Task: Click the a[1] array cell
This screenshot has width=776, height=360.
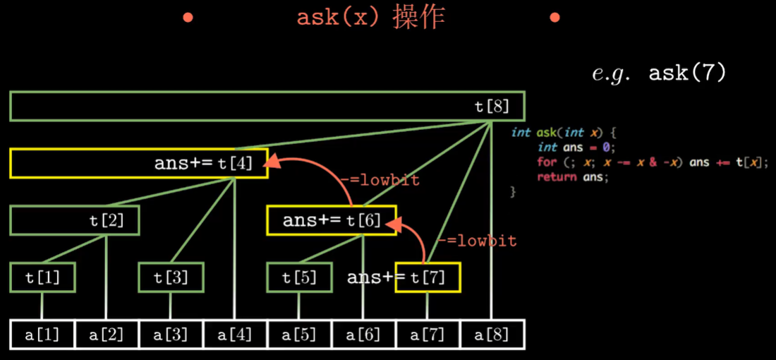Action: tap(43, 335)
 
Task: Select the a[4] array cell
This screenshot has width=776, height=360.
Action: tap(235, 335)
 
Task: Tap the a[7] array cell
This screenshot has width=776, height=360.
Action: tap(428, 335)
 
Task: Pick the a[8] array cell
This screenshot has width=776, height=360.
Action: tap(492, 335)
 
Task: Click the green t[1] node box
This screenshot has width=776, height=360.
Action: tap(42, 277)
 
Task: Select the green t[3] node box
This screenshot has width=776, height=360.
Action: tap(171, 277)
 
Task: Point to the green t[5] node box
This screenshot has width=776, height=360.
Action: tap(299, 277)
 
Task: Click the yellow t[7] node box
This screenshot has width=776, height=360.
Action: tap(428, 277)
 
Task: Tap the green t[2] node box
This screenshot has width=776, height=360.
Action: tap(75, 220)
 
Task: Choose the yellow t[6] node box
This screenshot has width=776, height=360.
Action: tap(332, 220)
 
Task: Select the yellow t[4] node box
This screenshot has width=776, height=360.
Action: tap(139, 163)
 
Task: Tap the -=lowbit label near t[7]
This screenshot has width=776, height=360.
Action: tap(477, 241)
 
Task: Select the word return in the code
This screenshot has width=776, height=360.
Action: tap(552, 176)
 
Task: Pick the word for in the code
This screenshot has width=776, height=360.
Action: tap(546, 162)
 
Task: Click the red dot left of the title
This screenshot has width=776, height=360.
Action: tap(188, 17)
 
